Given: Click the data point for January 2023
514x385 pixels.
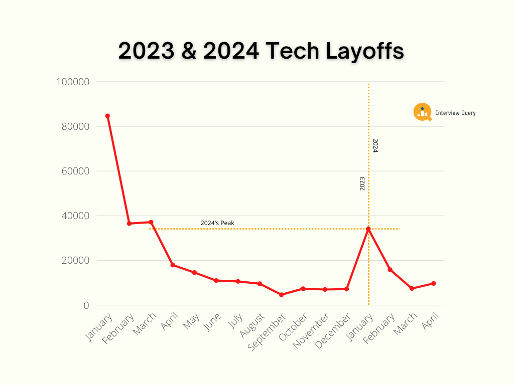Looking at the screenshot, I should (107, 116).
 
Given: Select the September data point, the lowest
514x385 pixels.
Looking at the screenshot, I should (282, 295).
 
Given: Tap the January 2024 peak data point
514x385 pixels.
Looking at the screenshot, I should (368, 229).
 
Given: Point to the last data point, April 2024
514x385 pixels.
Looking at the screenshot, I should (434, 284).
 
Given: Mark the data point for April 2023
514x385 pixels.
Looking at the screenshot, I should (173, 265).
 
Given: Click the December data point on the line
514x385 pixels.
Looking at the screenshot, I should (347, 289).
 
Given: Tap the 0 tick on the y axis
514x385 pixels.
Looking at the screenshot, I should (86, 305).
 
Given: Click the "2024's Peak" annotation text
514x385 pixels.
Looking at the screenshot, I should (217, 223).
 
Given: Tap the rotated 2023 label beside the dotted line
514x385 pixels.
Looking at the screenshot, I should (362, 183).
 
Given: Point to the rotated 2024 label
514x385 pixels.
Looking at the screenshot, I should (375, 145).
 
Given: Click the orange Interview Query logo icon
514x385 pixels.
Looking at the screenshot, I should (422, 112).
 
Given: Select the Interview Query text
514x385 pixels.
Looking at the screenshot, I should (455, 113).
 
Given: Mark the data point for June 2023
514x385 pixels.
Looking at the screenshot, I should (216, 281).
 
